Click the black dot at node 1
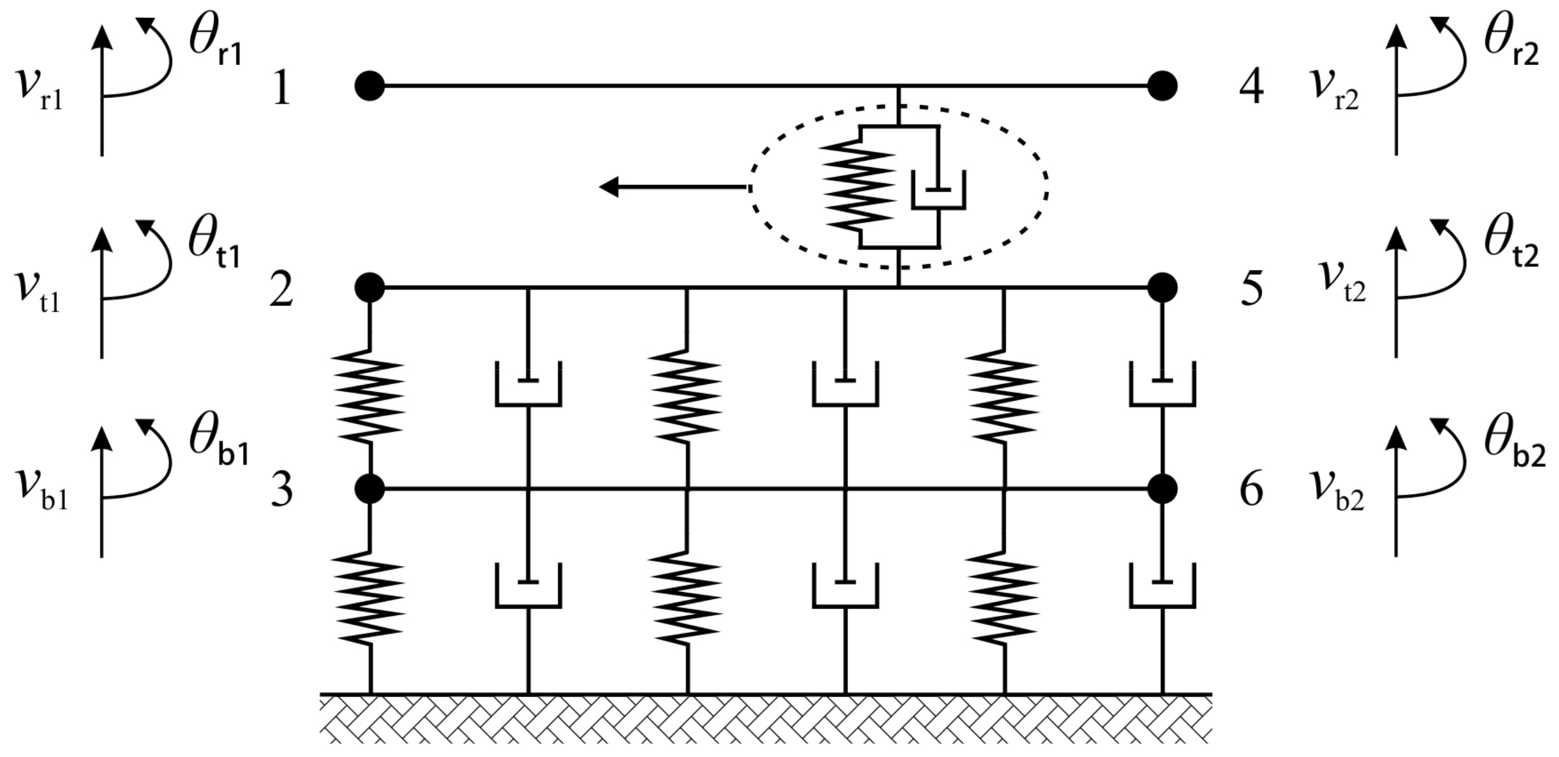(x=370, y=86)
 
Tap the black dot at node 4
(x=1162, y=86)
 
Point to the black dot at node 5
(x=1162, y=287)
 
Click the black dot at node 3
(x=370, y=488)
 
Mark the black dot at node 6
(x=1162, y=488)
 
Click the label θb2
(x=1513, y=445)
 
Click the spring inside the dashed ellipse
(x=860, y=186)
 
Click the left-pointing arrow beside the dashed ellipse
(x=672, y=187)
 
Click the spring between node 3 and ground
(x=370, y=596)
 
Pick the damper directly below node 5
(x=1162, y=384)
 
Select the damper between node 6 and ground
(x=1162, y=585)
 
